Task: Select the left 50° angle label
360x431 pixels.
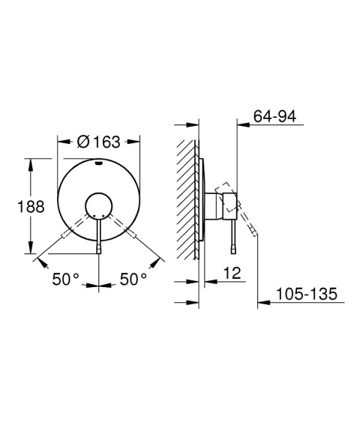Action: click(66, 279)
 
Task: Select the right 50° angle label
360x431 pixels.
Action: click(133, 279)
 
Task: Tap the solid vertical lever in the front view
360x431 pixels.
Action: click(99, 238)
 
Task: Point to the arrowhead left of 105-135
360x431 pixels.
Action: click(262, 302)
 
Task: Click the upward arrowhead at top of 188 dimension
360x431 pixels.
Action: click(31, 162)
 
